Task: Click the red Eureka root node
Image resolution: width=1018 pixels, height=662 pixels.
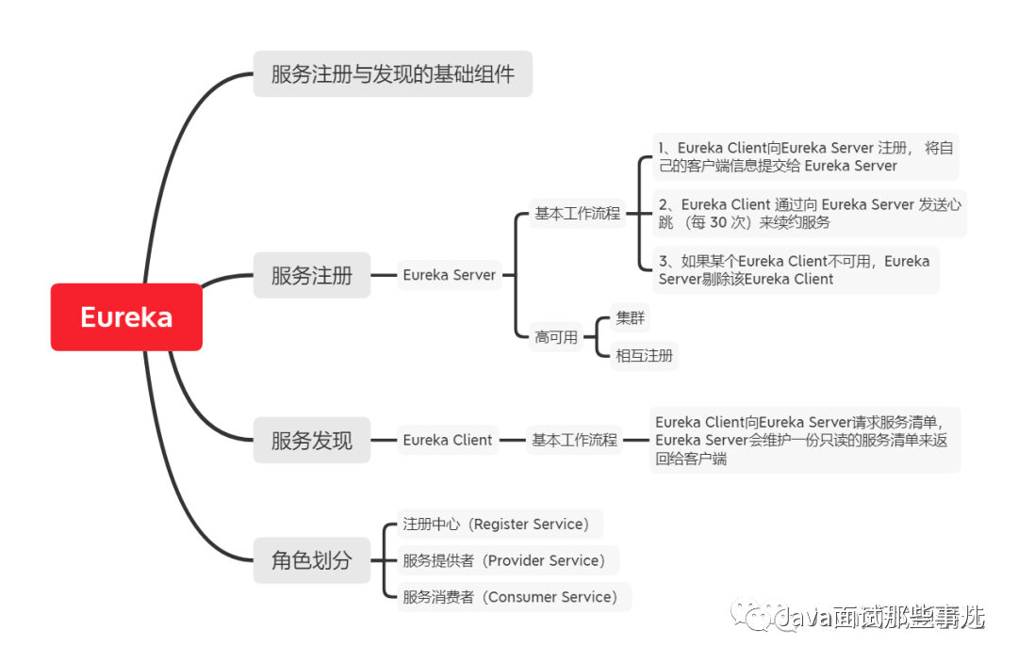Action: pyautogui.click(x=126, y=317)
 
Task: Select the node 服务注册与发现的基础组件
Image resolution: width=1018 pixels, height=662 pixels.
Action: pyautogui.click(x=392, y=73)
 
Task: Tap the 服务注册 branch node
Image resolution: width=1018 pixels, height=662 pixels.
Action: pyautogui.click(x=312, y=275)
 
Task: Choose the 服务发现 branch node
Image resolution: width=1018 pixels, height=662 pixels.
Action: pyautogui.click(x=312, y=440)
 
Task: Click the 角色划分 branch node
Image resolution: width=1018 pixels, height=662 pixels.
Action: pyautogui.click(x=312, y=560)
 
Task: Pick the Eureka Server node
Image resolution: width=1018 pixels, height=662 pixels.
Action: pyautogui.click(x=449, y=275)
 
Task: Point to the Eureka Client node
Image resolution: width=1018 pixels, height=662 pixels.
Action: pyautogui.click(x=448, y=440)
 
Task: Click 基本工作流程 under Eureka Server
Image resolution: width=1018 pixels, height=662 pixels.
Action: pyautogui.click(x=577, y=214)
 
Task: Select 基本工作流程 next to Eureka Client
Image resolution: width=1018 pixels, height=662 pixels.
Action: pyautogui.click(x=574, y=440)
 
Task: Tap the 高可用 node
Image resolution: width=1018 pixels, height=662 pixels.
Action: pyautogui.click(x=556, y=336)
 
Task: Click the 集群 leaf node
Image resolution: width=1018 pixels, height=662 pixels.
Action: pyautogui.click(x=630, y=318)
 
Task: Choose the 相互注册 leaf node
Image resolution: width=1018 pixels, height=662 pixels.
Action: pyautogui.click(x=644, y=355)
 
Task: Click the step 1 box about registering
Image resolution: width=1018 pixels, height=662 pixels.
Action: pyautogui.click(x=806, y=156)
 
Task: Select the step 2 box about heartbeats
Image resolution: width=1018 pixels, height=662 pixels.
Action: pyautogui.click(x=810, y=214)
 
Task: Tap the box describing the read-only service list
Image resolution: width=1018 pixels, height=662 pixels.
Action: pyautogui.click(x=805, y=440)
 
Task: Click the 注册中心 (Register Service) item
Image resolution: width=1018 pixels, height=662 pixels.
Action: pyautogui.click(x=499, y=524)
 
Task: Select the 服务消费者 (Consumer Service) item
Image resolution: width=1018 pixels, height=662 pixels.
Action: pyautogui.click(x=513, y=597)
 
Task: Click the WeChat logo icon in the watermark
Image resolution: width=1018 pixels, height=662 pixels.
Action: pyautogui.click(x=758, y=617)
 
